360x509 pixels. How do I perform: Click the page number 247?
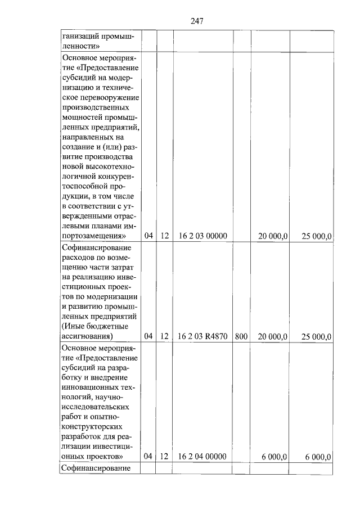tap(196, 21)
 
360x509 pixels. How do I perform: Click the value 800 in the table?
tap(241, 336)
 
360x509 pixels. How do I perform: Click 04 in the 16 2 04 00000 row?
tap(148, 457)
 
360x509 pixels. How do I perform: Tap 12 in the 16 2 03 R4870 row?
tap(164, 336)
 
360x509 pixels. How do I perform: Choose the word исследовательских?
tap(96, 407)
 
